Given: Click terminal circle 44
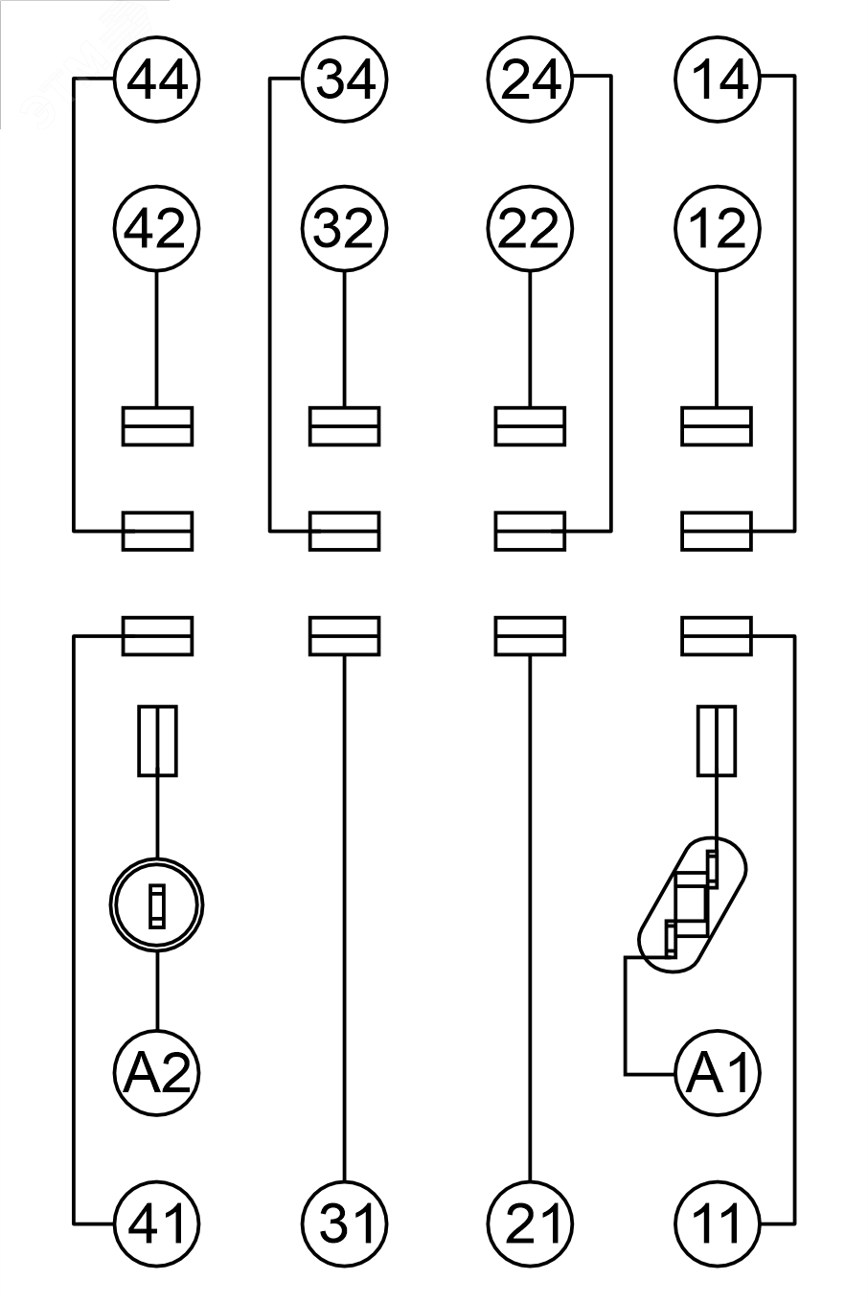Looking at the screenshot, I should (156, 79).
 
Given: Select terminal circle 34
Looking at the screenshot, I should (344, 79).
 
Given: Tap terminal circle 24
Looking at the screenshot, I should (530, 79).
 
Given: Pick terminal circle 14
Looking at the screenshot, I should (718, 79).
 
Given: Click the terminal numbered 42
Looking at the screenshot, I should (156, 229).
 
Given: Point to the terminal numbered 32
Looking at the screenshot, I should (344, 229).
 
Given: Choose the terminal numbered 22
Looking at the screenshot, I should (530, 229).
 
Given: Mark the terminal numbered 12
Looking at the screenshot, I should (718, 229).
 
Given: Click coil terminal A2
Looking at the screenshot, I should (156, 1074).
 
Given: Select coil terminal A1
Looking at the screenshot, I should (718, 1074).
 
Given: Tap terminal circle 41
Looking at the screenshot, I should (156, 1223).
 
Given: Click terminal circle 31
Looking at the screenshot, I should (344, 1223).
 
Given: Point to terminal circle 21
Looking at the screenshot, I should (530, 1223).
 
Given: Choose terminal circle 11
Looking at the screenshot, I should (718, 1223).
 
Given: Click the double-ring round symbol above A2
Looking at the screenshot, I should (156, 905).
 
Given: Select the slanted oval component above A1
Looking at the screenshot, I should (693, 905).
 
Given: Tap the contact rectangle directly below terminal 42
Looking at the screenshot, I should (157, 426).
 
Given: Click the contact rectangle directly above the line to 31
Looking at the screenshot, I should (344, 636).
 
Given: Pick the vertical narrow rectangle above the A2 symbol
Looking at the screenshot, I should (157, 741).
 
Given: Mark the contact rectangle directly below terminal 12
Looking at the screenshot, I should (717, 426).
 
